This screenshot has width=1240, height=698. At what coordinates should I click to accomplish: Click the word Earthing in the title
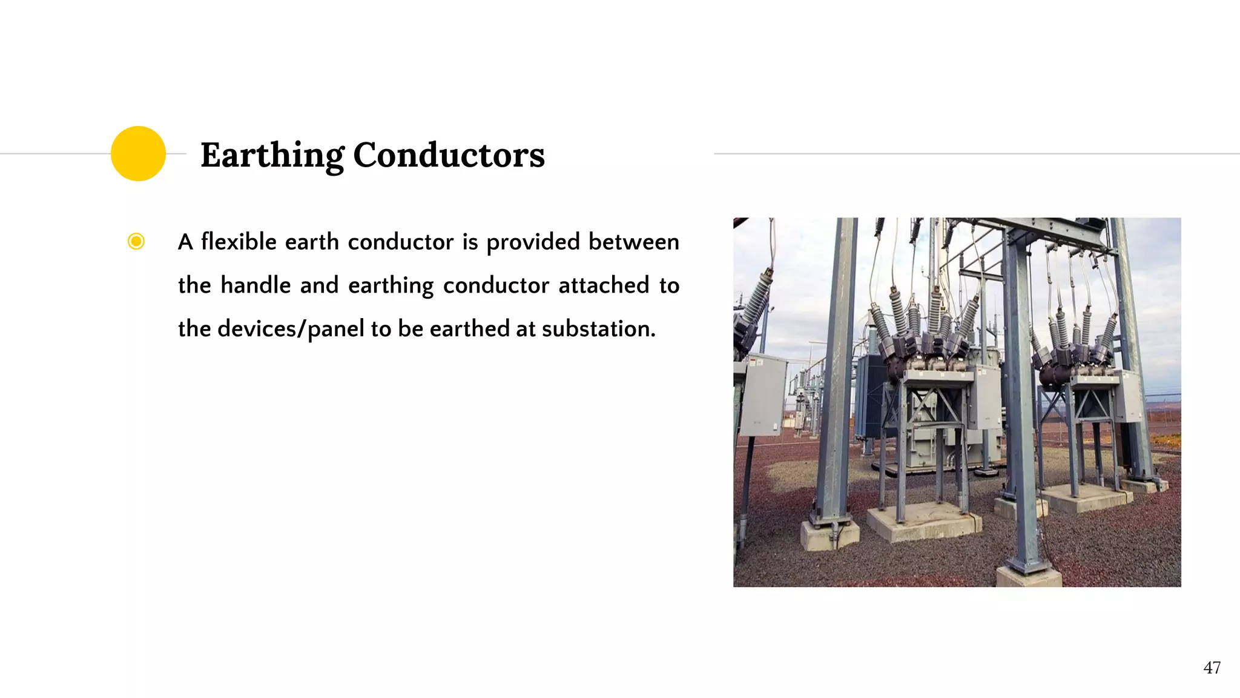click(x=272, y=155)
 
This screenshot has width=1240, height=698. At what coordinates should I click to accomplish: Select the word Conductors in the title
click(x=449, y=155)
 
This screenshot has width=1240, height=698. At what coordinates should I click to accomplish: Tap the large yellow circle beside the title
click(x=138, y=153)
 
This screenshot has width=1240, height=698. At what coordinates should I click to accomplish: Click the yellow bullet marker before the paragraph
click(x=136, y=242)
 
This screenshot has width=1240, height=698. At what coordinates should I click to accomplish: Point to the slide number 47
click(x=1212, y=668)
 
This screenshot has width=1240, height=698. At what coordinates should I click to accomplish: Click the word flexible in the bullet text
click(x=239, y=242)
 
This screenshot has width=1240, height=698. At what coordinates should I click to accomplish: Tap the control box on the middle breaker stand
click(x=985, y=397)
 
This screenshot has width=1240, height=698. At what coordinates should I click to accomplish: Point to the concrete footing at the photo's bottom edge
click(x=1028, y=576)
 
